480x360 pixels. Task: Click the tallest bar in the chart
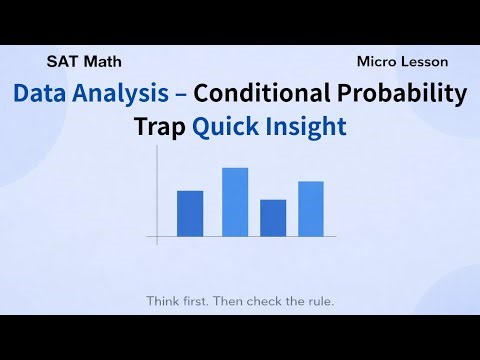coord(235,202)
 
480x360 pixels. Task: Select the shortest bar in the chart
coord(273,218)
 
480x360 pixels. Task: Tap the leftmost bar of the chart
coord(190,213)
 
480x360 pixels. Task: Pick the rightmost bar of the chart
coord(311,209)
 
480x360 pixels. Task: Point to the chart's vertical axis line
coord(157,205)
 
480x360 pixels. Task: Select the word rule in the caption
coord(317,300)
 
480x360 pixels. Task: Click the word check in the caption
coord(263,300)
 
